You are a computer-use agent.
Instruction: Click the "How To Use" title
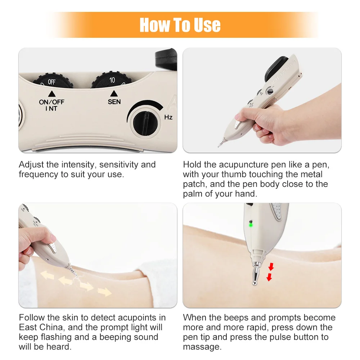point(180,25)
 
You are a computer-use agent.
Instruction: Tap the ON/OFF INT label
point(51,105)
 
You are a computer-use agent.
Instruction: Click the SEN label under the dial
point(114,102)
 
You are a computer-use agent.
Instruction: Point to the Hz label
point(168,117)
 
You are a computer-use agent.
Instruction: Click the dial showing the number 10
point(112,80)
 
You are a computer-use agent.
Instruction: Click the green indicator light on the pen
point(251,225)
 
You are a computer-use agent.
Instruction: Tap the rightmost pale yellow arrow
point(105,291)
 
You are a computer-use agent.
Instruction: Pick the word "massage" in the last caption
point(202,347)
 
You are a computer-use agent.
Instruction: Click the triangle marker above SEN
point(114,94)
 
